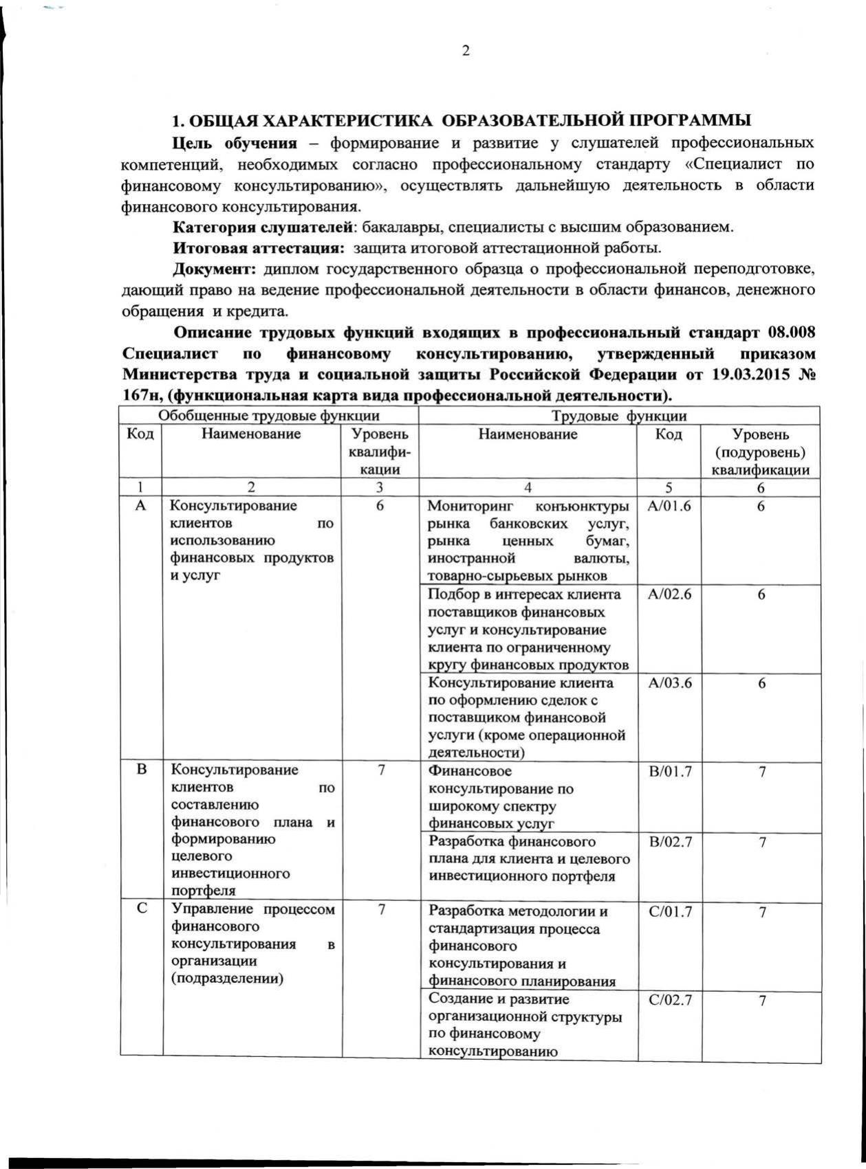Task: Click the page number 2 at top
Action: pyautogui.click(x=466, y=52)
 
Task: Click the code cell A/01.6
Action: pyautogui.click(x=669, y=506)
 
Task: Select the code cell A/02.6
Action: pyautogui.click(x=669, y=594)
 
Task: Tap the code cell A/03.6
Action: pyautogui.click(x=669, y=683)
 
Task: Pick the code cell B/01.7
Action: pyautogui.click(x=671, y=772)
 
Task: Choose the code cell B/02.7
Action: pyautogui.click(x=671, y=842)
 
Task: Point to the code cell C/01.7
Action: pyautogui.click(x=671, y=912)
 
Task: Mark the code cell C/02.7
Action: pyautogui.click(x=671, y=1000)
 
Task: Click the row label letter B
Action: pyautogui.click(x=141, y=770)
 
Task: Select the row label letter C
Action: pyautogui.click(x=141, y=909)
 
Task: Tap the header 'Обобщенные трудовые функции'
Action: pyautogui.click(x=269, y=415)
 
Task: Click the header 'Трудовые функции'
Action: pyautogui.click(x=619, y=415)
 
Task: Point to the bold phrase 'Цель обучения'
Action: pyautogui.click(x=235, y=144)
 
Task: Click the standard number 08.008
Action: pyautogui.click(x=791, y=333)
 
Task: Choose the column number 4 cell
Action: pyautogui.click(x=528, y=487)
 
